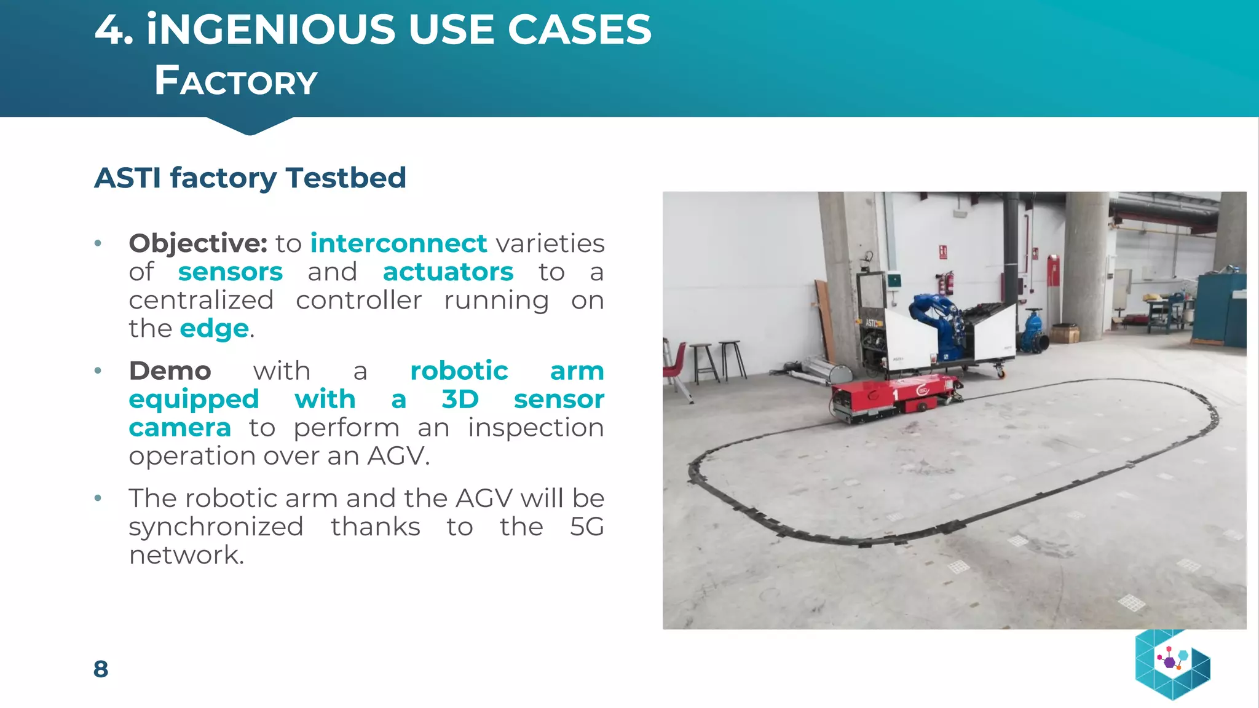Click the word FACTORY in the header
235,81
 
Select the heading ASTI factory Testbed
250,178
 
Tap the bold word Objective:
197,243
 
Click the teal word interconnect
398,243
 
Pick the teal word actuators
448,272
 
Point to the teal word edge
214,329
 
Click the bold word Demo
170,371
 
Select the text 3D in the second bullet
459,399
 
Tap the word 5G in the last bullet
586,527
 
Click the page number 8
101,669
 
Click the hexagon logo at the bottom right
1172,664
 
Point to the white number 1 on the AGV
895,394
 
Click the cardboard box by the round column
1064,334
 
